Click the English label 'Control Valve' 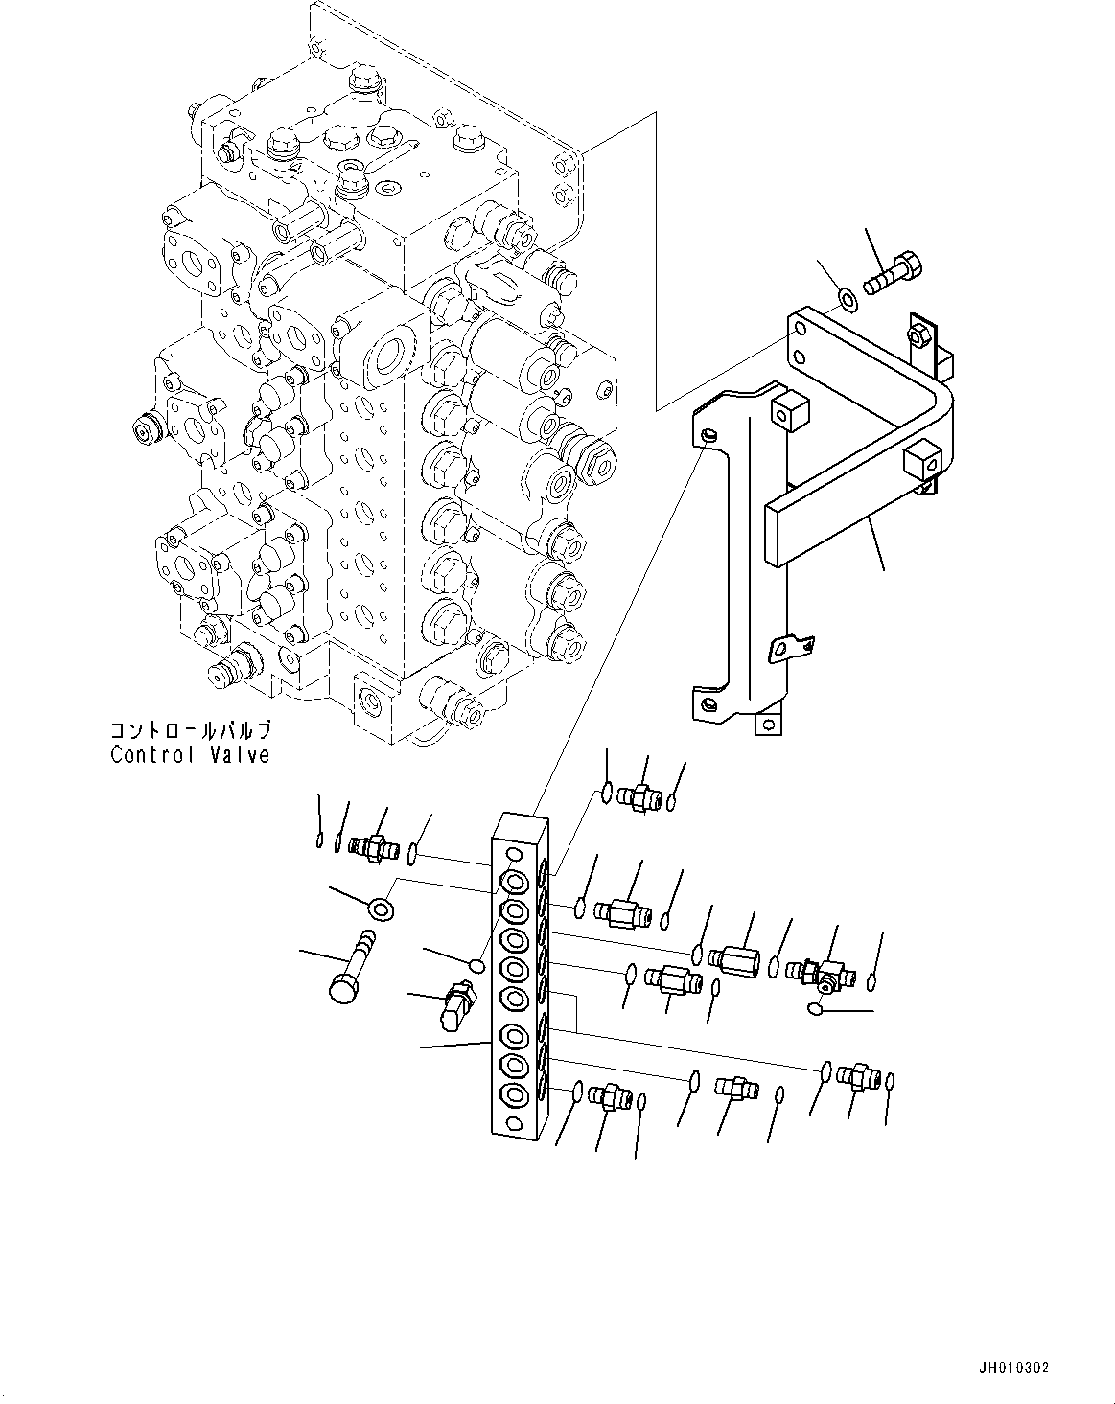(x=190, y=754)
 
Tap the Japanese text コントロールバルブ (x=190, y=731)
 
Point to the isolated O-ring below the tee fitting (x=816, y=1008)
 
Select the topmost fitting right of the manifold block (x=637, y=794)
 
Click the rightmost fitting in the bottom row (x=855, y=1076)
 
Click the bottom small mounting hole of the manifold (x=515, y=1122)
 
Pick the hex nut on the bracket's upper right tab (x=915, y=336)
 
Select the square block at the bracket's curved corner (x=919, y=462)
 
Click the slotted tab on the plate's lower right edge (x=791, y=650)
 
